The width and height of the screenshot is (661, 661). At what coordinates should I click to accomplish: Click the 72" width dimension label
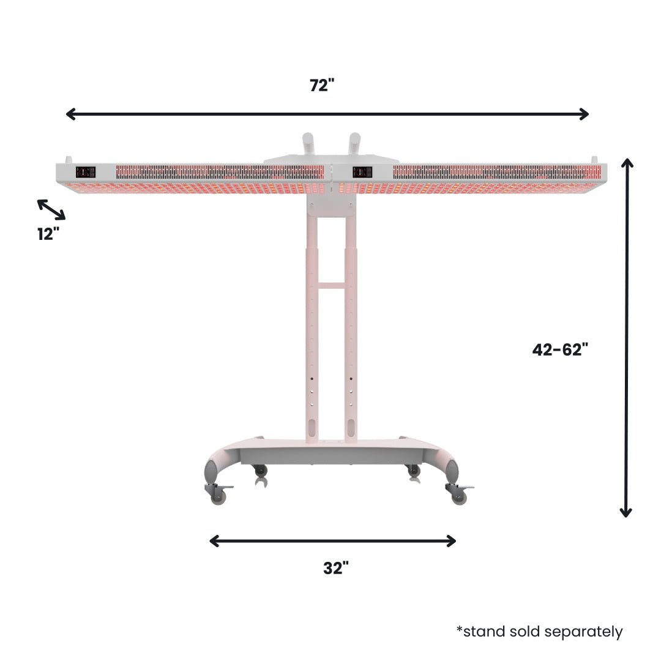[x=323, y=86]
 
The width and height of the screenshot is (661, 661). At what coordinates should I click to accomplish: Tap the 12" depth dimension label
[x=48, y=233]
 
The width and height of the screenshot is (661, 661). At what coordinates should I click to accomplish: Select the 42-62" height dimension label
[x=560, y=349]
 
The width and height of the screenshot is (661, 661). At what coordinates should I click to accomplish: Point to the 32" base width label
[x=336, y=569]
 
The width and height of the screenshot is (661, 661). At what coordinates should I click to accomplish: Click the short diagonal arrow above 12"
[x=51, y=209]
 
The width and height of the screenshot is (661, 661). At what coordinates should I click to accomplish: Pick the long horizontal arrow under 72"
[x=327, y=114]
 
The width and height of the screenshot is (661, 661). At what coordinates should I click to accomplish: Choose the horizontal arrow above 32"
[x=332, y=540]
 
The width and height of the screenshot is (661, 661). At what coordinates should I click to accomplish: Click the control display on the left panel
[x=85, y=173]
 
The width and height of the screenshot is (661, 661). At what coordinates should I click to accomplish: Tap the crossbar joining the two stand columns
[x=331, y=285]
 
